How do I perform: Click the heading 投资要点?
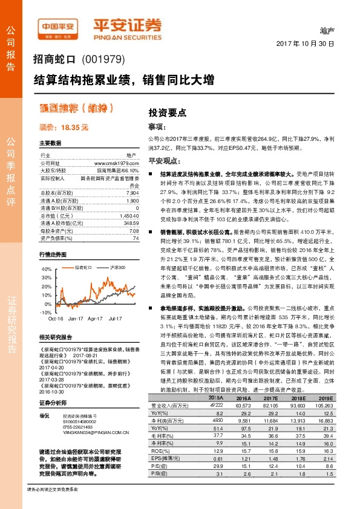(x=168, y=112)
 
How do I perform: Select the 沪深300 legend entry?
(x=100, y=267)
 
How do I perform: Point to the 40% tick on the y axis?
(x=47, y=269)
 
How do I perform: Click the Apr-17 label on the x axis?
(x=96, y=317)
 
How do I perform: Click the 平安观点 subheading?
(x=162, y=161)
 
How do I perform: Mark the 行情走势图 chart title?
(x=53, y=254)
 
